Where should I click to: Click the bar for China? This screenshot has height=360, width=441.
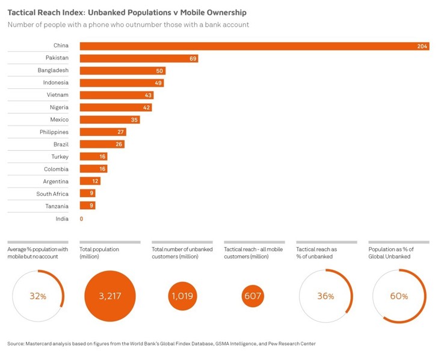point(253,46)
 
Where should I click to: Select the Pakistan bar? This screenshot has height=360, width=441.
point(138,58)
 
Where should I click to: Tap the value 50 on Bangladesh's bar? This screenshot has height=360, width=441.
point(159,71)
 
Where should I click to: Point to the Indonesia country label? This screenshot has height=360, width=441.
point(56,83)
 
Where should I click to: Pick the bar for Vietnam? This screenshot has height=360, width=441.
point(116,96)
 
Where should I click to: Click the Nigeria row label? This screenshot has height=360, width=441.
point(59,108)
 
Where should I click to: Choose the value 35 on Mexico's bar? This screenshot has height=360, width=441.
point(135,120)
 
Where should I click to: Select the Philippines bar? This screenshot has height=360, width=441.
point(94,132)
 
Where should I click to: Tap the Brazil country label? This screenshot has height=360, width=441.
point(61,145)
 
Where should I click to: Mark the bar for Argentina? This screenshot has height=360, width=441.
point(90,182)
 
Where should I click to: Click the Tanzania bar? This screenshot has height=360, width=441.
point(87,206)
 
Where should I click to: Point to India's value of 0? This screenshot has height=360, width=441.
point(81,219)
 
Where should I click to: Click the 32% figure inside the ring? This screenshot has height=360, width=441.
point(38,296)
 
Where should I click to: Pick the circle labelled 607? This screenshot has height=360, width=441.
point(253,296)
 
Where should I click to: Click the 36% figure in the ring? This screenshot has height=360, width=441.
point(325,296)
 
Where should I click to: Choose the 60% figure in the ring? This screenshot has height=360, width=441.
point(399,296)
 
